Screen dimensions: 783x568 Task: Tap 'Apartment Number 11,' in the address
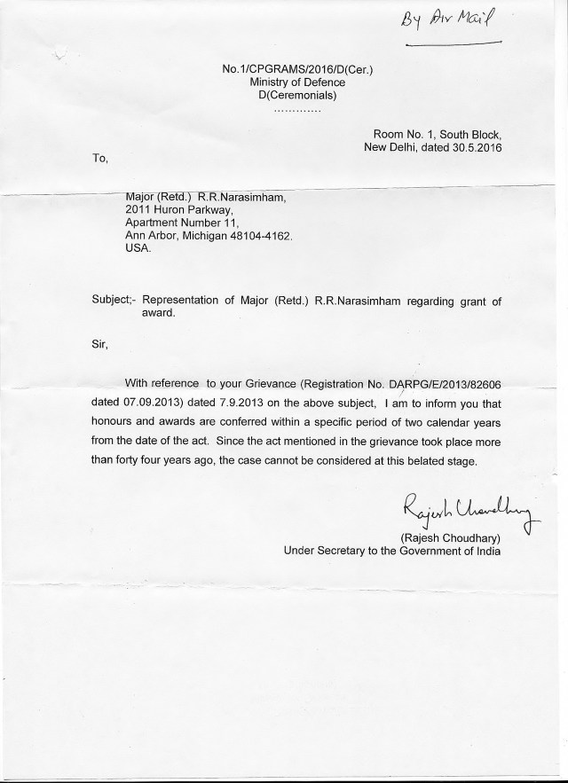(184, 223)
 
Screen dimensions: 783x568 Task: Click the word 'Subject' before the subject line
(111, 301)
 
